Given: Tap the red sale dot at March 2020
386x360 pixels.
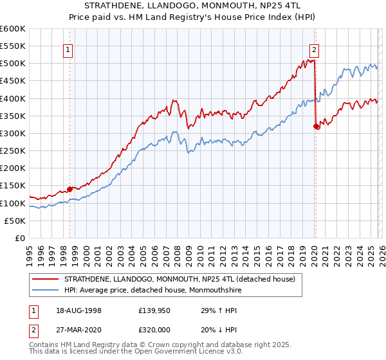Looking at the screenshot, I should [316, 127].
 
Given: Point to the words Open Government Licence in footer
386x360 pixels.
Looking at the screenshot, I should [169, 352].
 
